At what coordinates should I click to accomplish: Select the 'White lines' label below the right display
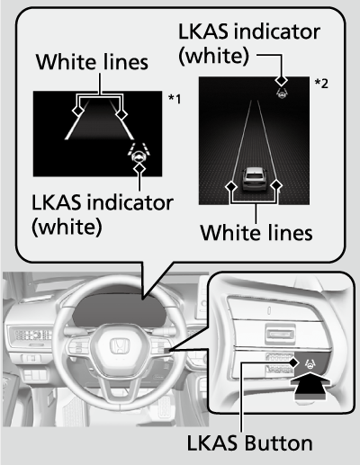click(256, 232)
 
